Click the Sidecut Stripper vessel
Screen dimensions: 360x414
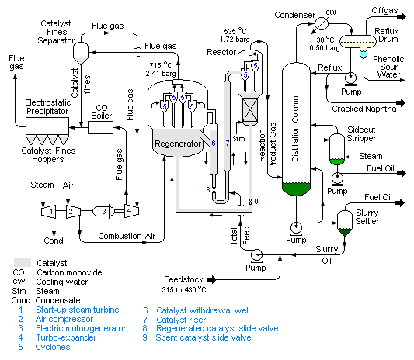click(336, 149)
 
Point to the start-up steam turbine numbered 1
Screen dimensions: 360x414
click(49, 210)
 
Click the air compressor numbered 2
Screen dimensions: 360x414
click(70, 210)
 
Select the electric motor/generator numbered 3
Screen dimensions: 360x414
click(106, 210)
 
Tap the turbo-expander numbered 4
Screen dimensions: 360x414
click(133, 210)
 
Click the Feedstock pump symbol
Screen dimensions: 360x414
click(255, 255)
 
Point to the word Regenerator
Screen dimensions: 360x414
click(177, 144)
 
